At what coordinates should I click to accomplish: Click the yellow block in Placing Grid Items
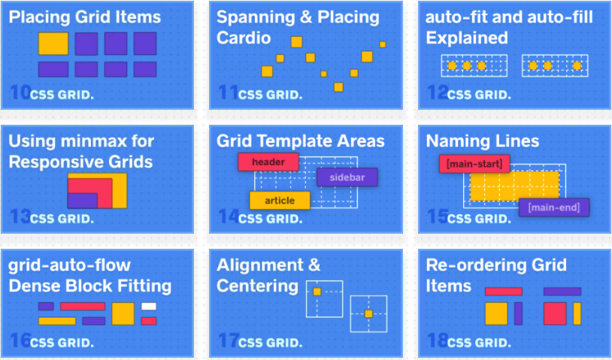click(53, 44)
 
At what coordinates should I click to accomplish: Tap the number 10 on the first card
click(19, 94)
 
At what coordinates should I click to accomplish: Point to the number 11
click(228, 94)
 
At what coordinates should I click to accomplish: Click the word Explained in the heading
click(467, 38)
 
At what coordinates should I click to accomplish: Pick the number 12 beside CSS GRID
click(437, 94)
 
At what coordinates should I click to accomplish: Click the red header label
click(268, 162)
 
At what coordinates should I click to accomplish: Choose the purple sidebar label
click(347, 177)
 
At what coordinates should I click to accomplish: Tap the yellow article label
click(280, 201)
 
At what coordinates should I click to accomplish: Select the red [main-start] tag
click(474, 163)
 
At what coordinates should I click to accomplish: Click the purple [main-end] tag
click(553, 207)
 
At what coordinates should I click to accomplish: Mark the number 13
click(19, 218)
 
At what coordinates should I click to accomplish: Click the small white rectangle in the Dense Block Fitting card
click(149, 306)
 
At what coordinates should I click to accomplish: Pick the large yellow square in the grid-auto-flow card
click(123, 313)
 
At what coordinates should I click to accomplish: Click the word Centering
click(247, 286)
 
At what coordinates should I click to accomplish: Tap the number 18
click(437, 342)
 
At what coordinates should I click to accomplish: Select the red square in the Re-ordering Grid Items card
click(555, 313)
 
